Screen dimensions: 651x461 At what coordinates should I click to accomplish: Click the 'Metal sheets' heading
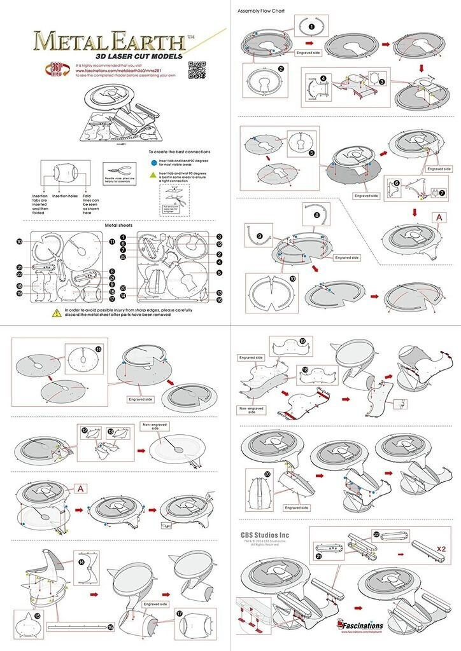click(x=118, y=225)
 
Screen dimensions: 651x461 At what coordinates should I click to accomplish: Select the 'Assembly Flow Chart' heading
click(x=261, y=11)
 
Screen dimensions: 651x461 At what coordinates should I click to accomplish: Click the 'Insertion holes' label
click(x=66, y=197)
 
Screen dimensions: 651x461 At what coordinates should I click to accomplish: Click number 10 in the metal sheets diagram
click(x=20, y=242)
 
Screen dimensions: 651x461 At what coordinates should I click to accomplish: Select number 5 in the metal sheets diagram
click(x=218, y=273)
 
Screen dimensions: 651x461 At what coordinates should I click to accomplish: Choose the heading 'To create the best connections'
click(x=180, y=153)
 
